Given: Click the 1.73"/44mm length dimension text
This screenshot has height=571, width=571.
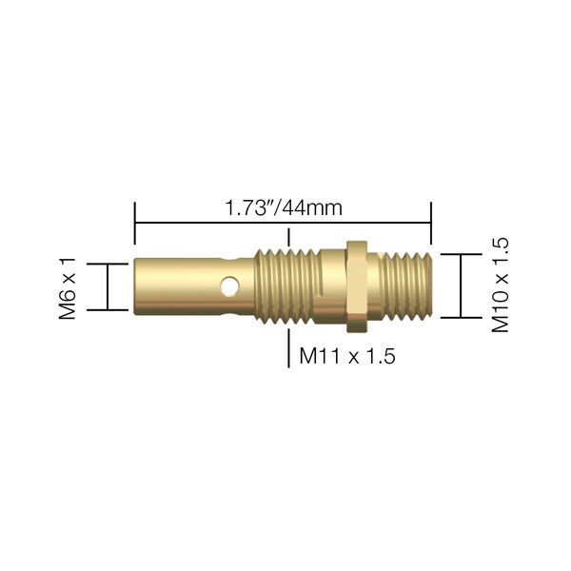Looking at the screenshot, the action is coord(284,208).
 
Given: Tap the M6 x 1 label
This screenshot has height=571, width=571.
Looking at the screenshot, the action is coord(68,288).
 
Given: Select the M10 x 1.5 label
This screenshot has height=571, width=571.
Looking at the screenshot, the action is coord(500,285).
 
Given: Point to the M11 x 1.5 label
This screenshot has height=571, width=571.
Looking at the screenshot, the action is coord(347,355).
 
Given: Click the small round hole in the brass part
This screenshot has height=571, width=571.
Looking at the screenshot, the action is coord(230,285).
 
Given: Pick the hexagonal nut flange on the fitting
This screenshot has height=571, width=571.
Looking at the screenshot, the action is coord(357,286).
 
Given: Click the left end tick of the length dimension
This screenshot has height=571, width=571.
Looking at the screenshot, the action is coord(135,224).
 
